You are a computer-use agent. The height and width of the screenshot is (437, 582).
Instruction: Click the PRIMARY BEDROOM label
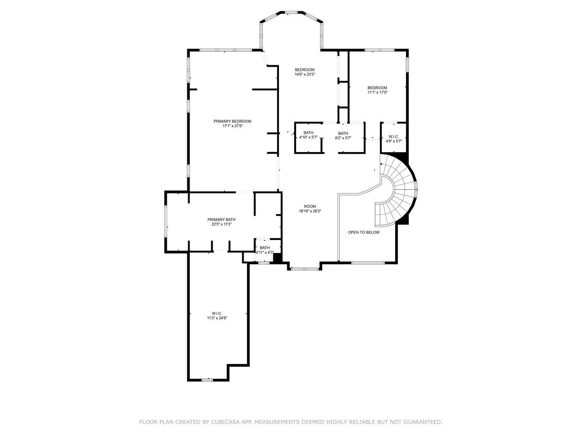tap(232, 121)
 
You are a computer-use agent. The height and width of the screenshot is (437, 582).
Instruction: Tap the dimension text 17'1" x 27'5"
tap(233, 126)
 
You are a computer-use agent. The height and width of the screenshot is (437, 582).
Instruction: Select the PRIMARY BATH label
tap(221, 219)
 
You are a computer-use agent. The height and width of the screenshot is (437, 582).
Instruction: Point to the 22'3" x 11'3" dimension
tap(221, 224)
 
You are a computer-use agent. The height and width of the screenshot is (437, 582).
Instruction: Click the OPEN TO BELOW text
tap(364, 232)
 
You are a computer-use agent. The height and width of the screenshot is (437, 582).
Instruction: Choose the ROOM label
tap(310, 206)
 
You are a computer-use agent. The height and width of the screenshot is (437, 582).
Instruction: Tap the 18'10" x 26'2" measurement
tap(310, 211)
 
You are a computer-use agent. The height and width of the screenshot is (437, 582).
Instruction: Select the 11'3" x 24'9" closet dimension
tap(217, 318)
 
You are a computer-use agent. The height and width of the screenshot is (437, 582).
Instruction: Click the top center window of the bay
tap(291, 12)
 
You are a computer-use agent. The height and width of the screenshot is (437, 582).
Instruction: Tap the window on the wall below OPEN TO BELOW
tap(368, 263)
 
